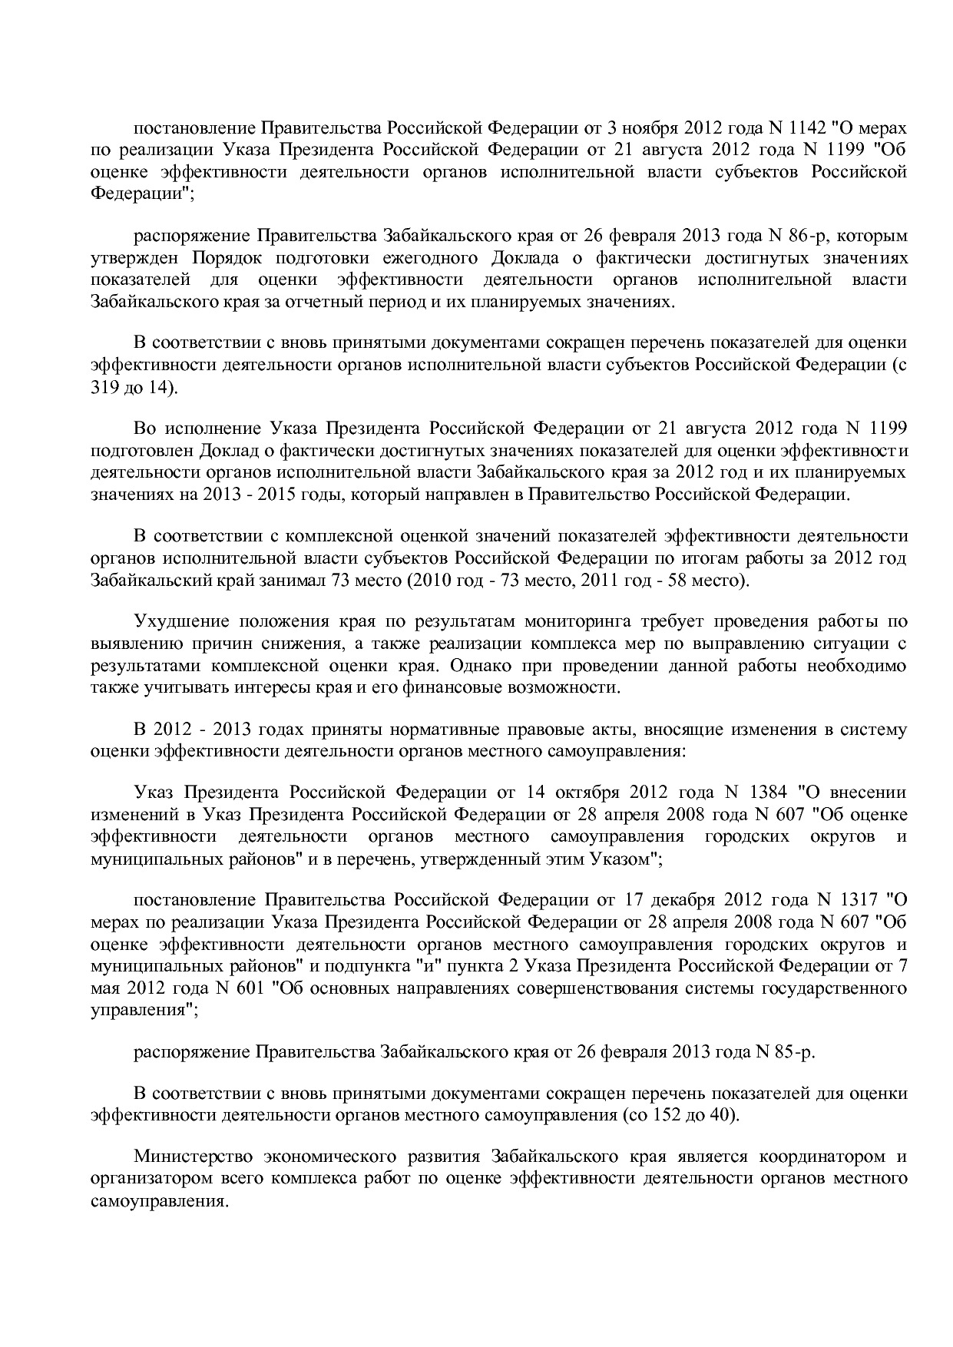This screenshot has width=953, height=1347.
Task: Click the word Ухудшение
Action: click(180, 621)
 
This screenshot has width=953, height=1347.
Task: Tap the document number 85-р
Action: click(794, 1051)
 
